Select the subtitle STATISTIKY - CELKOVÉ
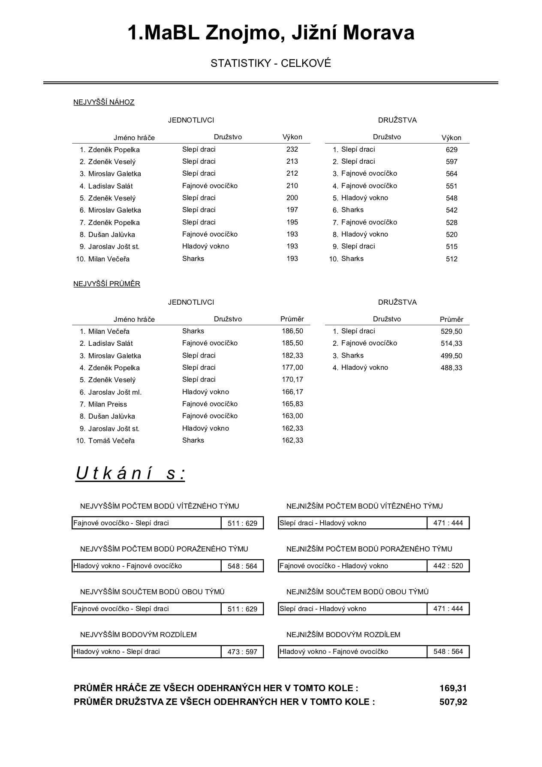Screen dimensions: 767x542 (271, 63)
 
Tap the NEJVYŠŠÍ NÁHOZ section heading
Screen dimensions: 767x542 (104, 102)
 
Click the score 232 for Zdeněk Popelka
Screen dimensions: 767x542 (292, 150)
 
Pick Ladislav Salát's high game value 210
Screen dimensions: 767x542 (292, 186)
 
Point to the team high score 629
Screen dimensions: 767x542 (452, 150)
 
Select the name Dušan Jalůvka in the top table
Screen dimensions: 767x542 (111, 235)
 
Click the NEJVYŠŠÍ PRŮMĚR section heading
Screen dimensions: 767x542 (107, 284)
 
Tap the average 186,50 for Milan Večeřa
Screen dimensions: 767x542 (292, 331)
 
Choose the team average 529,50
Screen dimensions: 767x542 (452, 332)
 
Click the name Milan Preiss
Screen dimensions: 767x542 (108, 404)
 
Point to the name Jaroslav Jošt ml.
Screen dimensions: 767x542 (115, 392)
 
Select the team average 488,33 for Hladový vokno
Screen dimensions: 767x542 (452, 368)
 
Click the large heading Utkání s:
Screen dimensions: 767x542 (130, 473)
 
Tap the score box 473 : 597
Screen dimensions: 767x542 (242, 652)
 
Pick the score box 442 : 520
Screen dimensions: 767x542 (448, 566)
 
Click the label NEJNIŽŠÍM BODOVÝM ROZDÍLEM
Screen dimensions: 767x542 (343, 635)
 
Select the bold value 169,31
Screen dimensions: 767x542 (453, 689)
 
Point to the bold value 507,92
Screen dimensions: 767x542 (453, 702)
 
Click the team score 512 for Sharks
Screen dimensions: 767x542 (452, 259)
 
